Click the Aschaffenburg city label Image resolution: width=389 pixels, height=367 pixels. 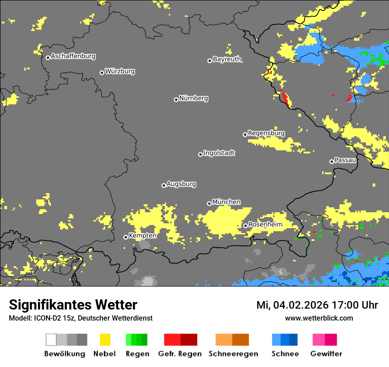pos(73,56)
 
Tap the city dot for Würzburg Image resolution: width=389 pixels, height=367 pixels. pos(102,73)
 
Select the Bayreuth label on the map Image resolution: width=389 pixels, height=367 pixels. pos(227,59)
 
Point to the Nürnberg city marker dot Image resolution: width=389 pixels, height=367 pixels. pos(176,99)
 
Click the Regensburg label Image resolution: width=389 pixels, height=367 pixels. pos(266,133)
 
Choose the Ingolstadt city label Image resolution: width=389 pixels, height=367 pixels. pos(219,153)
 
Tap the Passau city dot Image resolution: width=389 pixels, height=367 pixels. pos(332,161)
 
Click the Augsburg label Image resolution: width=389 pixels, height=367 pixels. pos(181,184)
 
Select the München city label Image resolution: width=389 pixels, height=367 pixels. pos(226,202)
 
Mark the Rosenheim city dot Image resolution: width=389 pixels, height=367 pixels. pos(245,226)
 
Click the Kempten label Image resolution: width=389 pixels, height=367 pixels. pos(142,236)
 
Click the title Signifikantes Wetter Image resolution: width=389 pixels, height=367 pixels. pos(73,305)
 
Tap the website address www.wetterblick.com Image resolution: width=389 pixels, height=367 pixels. pos(319,318)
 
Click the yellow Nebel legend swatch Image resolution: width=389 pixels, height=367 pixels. pos(105,340)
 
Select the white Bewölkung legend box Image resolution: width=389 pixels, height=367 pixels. pos(51,340)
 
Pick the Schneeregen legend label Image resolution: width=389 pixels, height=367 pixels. pos(233,354)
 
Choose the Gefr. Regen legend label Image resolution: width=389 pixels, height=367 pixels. pos(180,354)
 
